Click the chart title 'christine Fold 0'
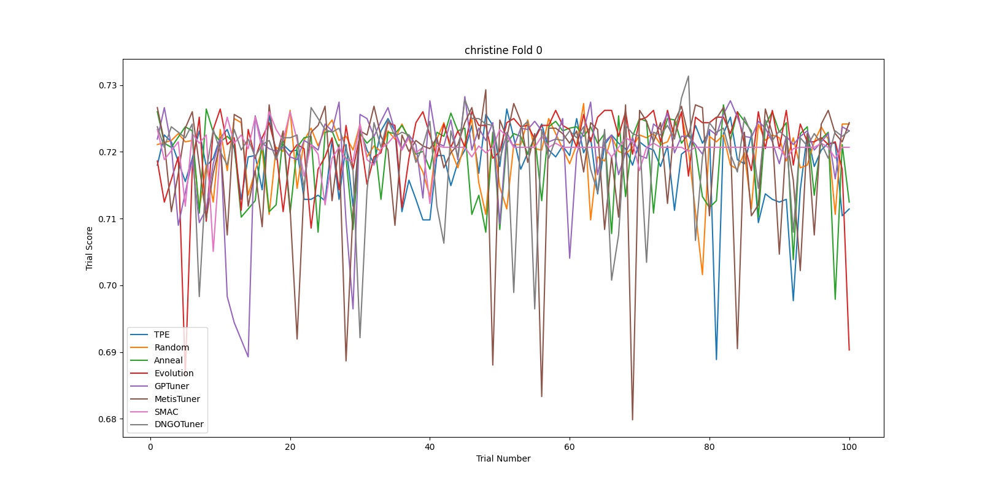pyautogui.click(x=503, y=50)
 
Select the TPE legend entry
pyautogui.click(x=161, y=334)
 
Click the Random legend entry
pyautogui.click(x=171, y=347)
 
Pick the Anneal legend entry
pyautogui.click(x=168, y=360)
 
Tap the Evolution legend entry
pyautogui.click(x=174, y=373)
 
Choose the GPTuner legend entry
pyautogui.click(x=171, y=386)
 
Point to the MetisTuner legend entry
pyautogui.click(x=177, y=399)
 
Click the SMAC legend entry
pyautogui.click(x=166, y=412)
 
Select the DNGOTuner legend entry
pyautogui.click(x=179, y=425)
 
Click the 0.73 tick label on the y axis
pyautogui.click(x=107, y=85)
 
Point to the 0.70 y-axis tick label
pyautogui.click(x=107, y=285)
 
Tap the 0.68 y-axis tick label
pyautogui.click(x=107, y=419)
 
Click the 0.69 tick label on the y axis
pyautogui.click(x=107, y=352)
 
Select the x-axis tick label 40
pyautogui.click(x=430, y=447)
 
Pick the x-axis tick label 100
pyautogui.click(x=849, y=447)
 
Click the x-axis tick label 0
pyautogui.click(x=150, y=447)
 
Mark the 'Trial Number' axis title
pyautogui.click(x=503, y=458)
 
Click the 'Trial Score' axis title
pyautogui.click(x=90, y=248)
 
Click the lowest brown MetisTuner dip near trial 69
pyautogui.click(x=632, y=419)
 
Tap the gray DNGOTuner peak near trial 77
pyautogui.click(x=688, y=77)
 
